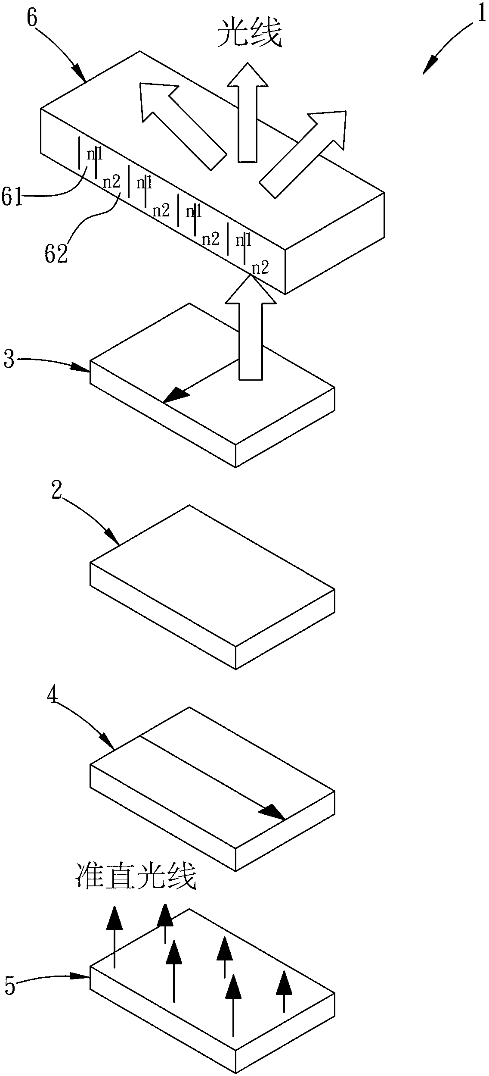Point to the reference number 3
pyautogui.click(x=9, y=359)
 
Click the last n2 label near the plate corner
pyautogui.click(x=260, y=268)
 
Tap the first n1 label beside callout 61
pyautogui.click(x=95, y=154)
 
